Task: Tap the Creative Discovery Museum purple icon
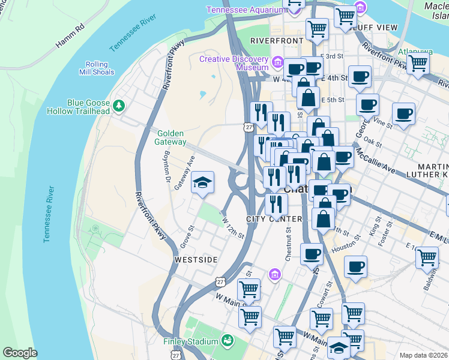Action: click(277, 62)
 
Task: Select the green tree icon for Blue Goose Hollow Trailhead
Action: click(119, 106)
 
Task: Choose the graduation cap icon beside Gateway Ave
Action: click(202, 183)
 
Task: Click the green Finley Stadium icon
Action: click(227, 341)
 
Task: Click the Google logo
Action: click(20, 353)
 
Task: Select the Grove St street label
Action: click(188, 238)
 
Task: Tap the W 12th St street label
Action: click(234, 228)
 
